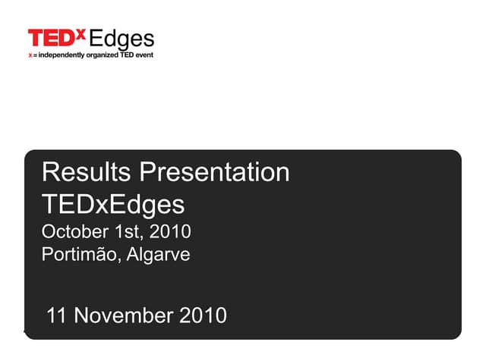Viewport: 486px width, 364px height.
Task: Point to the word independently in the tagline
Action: [x=62, y=55]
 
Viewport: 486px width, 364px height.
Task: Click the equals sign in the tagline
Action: [x=35, y=55]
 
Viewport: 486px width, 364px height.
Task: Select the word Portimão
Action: [x=78, y=255]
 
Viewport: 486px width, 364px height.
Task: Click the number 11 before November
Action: [x=55, y=315]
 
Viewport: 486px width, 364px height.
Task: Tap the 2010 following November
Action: [x=203, y=315]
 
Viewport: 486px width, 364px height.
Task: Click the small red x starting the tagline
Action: [x=30, y=55]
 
